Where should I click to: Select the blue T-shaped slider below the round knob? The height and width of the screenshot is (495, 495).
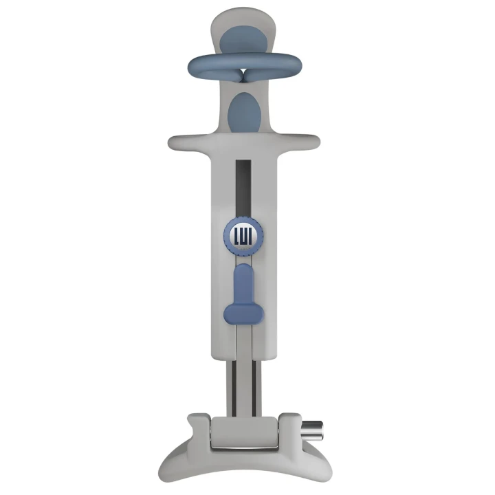click(244, 296)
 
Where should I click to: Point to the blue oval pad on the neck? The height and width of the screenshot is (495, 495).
click(244, 112)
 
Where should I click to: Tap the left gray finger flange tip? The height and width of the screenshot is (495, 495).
click(175, 142)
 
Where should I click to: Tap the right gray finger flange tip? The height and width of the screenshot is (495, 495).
click(314, 142)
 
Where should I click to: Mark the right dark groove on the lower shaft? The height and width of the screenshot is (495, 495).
click(255, 385)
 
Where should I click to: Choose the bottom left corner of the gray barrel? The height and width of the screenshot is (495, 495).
click(214, 355)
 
